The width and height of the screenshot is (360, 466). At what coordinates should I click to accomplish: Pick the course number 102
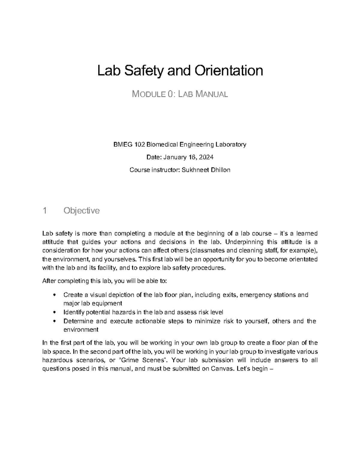[x=138, y=145]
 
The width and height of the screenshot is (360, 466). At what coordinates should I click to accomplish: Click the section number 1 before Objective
[x=44, y=211]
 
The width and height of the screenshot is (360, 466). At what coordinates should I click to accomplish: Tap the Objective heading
[x=81, y=211]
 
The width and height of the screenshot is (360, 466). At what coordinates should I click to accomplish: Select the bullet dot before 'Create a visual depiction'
[x=54, y=295]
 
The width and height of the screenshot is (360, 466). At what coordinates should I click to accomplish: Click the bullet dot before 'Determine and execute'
[x=54, y=321]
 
